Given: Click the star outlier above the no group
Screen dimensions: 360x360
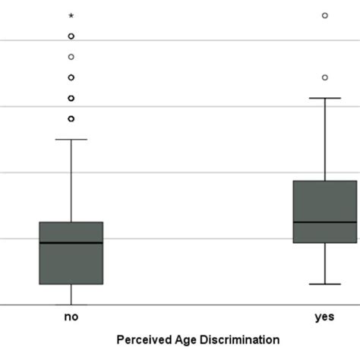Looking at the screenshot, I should (x=71, y=16).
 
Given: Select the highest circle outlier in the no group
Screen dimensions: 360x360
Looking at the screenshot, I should (x=71, y=36).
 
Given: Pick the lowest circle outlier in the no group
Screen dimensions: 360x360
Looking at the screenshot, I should (x=71, y=118).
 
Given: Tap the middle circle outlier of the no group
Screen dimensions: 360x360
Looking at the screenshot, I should (x=71, y=77).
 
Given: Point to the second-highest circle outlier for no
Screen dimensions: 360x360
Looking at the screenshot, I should (x=71, y=56).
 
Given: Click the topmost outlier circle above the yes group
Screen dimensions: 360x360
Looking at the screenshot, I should (x=324, y=15).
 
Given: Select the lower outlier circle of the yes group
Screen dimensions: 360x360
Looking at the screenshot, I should (x=324, y=77).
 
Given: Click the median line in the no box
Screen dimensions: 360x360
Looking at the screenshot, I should (x=71, y=242).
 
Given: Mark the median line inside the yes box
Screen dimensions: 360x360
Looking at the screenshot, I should (x=324, y=222).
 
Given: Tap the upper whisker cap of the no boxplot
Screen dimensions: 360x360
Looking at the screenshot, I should (x=71, y=140).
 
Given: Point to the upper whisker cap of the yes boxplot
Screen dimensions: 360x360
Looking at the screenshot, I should (x=324, y=98).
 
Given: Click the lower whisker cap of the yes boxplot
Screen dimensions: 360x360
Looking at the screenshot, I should (x=324, y=284).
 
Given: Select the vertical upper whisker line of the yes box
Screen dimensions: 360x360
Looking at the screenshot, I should (x=324, y=139).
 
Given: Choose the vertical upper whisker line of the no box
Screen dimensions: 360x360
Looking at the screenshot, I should (x=71, y=181).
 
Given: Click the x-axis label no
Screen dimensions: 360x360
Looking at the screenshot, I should (x=71, y=317).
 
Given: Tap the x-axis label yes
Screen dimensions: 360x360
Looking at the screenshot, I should (x=324, y=317).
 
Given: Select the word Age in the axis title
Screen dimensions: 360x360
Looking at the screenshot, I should (x=188, y=339).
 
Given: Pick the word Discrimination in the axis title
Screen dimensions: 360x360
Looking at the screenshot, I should (x=242, y=339).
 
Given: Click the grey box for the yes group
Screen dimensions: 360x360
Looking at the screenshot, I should (x=324, y=201).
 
